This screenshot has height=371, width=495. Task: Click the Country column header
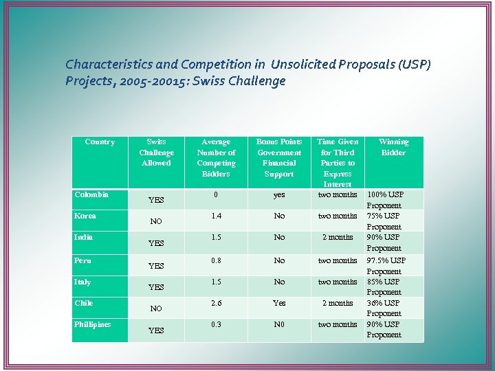pyautogui.click(x=100, y=142)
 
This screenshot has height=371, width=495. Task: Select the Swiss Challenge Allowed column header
pyautogui.click(x=156, y=153)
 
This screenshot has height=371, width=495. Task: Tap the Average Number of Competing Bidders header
pyautogui.click(x=216, y=158)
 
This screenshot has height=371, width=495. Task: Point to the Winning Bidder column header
pyautogui.click(x=393, y=147)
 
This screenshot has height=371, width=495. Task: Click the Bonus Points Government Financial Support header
pyautogui.click(x=278, y=158)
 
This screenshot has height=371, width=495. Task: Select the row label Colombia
pyautogui.click(x=91, y=195)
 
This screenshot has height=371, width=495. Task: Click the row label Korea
pyautogui.click(x=85, y=216)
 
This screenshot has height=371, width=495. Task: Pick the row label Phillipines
pyautogui.click(x=93, y=324)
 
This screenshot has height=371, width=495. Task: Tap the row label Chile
pyautogui.click(x=84, y=303)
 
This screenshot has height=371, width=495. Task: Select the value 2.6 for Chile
pyautogui.click(x=216, y=303)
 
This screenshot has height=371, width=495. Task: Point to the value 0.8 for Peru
pyautogui.click(x=216, y=260)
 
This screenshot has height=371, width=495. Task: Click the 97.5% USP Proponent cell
pyautogui.click(x=386, y=266)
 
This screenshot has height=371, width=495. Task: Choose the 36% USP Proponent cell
pyautogui.click(x=384, y=308)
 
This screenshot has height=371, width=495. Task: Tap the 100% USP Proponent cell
pyautogui.click(x=385, y=200)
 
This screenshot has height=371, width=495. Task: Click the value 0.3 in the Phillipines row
pyautogui.click(x=216, y=324)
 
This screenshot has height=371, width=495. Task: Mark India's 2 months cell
pyautogui.click(x=338, y=237)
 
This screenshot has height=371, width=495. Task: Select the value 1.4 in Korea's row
pyautogui.click(x=216, y=216)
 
